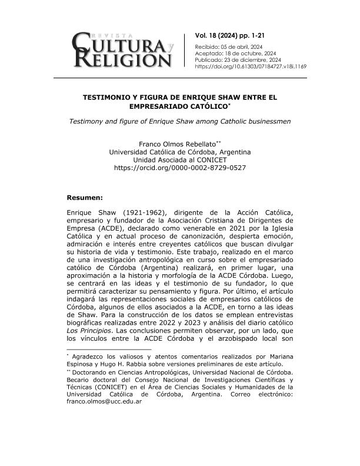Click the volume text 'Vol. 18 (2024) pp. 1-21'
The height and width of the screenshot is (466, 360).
point(234,36)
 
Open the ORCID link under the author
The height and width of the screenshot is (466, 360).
point(179,168)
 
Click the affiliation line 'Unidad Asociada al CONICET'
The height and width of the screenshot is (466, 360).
point(179,160)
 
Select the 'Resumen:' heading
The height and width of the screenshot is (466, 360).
point(85,198)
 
